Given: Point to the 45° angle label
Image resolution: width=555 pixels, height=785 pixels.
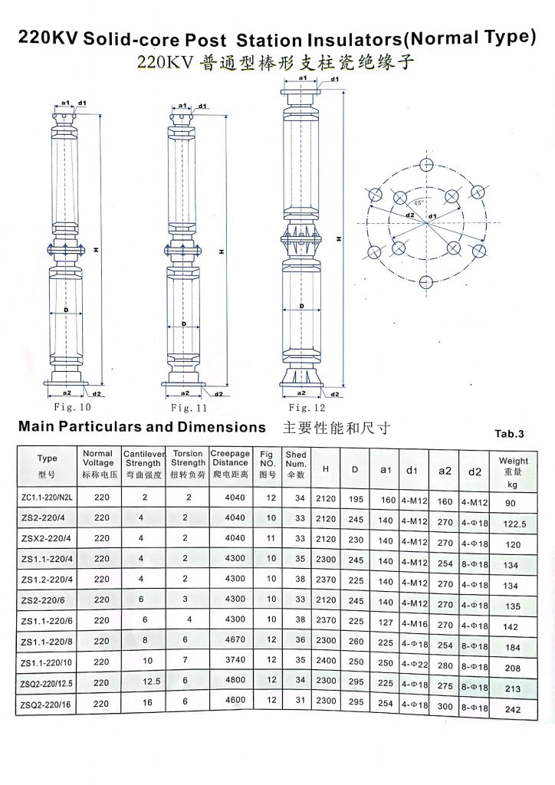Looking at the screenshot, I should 419,202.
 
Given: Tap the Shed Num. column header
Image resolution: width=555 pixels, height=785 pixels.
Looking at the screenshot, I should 295,464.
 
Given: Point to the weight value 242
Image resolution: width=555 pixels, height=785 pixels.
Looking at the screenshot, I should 513,710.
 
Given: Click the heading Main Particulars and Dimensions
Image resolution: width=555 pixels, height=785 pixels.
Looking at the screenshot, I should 142,427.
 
